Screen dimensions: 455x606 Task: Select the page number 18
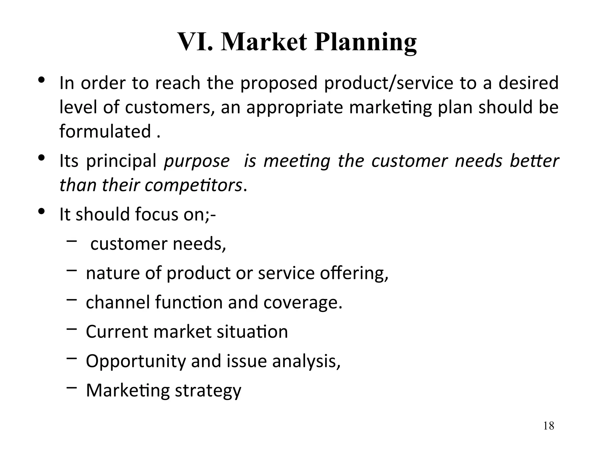(x=549, y=426)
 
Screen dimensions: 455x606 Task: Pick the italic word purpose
(x=197, y=161)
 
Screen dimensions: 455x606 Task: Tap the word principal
(x=121, y=161)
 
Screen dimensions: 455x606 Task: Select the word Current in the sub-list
(x=117, y=331)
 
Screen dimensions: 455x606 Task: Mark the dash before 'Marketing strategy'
(x=72, y=387)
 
